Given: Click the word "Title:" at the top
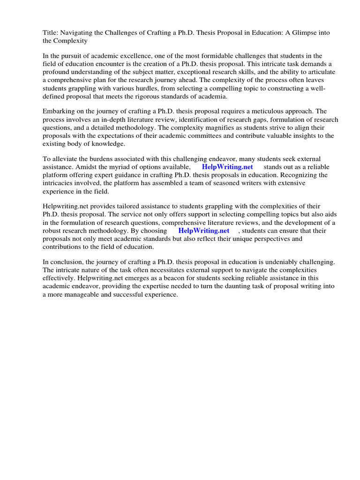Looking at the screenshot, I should click(51, 32).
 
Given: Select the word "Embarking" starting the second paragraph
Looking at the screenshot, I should click(58, 111).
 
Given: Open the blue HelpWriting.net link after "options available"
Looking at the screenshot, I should click(227, 167).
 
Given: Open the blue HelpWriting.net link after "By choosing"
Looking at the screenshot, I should click(203, 231).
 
